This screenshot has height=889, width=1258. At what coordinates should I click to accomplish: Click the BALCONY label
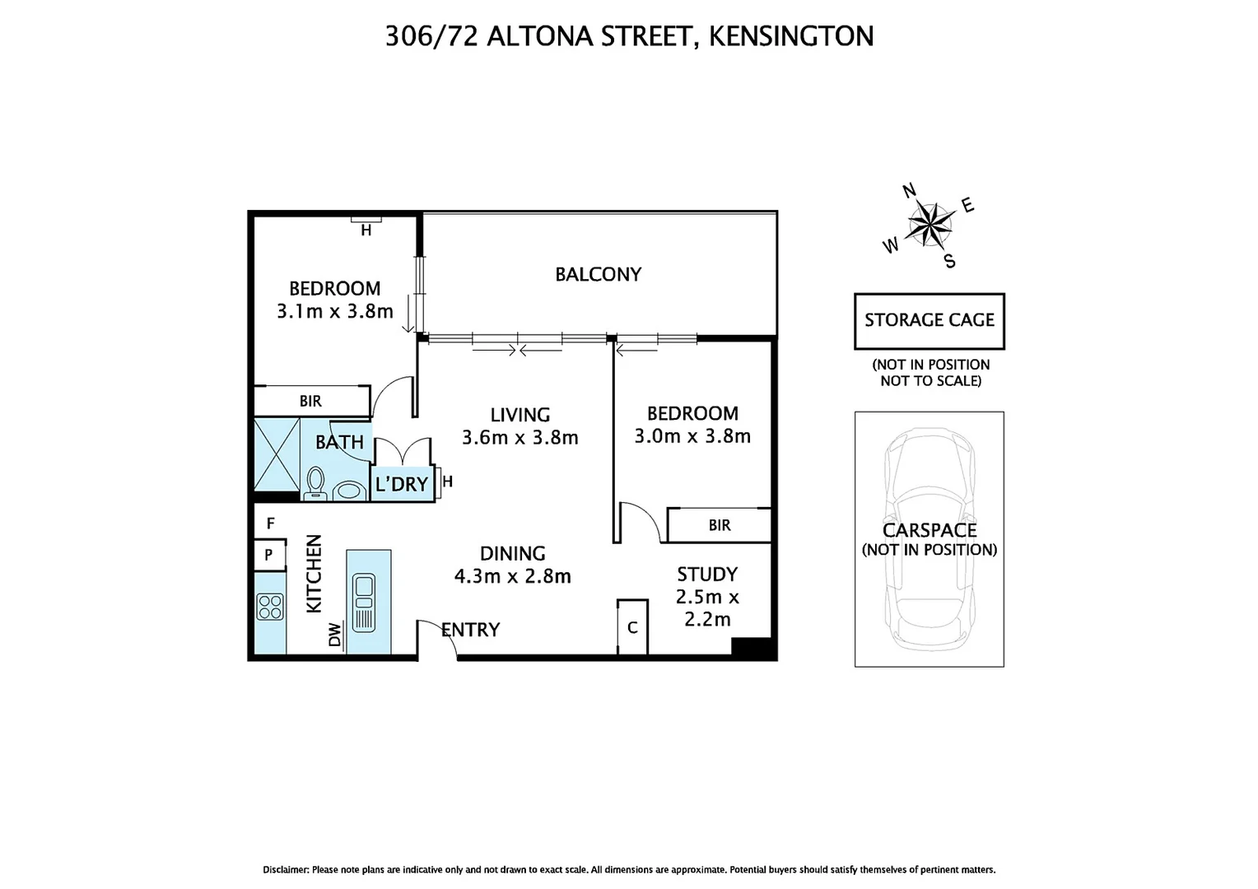(x=598, y=274)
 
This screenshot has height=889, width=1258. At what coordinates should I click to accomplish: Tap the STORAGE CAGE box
(x=929, y=320)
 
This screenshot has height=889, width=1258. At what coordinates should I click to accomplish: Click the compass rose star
(x=930, y=224)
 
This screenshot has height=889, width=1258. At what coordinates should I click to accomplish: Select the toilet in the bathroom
(x=315, y=484)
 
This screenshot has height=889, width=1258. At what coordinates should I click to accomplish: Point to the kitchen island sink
(x=363, y=603)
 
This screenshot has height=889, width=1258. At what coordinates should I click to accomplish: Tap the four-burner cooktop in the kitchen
(x=271, y=607)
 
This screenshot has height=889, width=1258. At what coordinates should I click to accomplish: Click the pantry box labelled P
(x=268, y=556)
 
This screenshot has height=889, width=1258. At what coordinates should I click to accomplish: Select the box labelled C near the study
(x=632, y=627)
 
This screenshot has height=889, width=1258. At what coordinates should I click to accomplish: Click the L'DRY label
(x=402, y=484)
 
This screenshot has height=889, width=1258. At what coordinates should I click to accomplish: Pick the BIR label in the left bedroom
(x=310, y=402)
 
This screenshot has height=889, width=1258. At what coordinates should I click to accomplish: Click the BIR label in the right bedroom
(x=719, y=525)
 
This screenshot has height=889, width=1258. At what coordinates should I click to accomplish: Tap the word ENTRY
(x=471, y=630)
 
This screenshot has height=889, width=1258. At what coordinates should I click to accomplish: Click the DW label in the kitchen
(x=334, y=635)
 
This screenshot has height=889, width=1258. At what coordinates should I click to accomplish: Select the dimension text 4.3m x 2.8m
(x=512, y=576)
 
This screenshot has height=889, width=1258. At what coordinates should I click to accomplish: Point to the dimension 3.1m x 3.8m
(x=334, y=311)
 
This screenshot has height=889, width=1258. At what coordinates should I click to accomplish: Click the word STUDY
(x=706, y=574)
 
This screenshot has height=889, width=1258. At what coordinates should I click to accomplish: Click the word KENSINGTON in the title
(x=790, y=36)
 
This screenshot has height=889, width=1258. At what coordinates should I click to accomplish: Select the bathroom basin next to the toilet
(x=350, y=491)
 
